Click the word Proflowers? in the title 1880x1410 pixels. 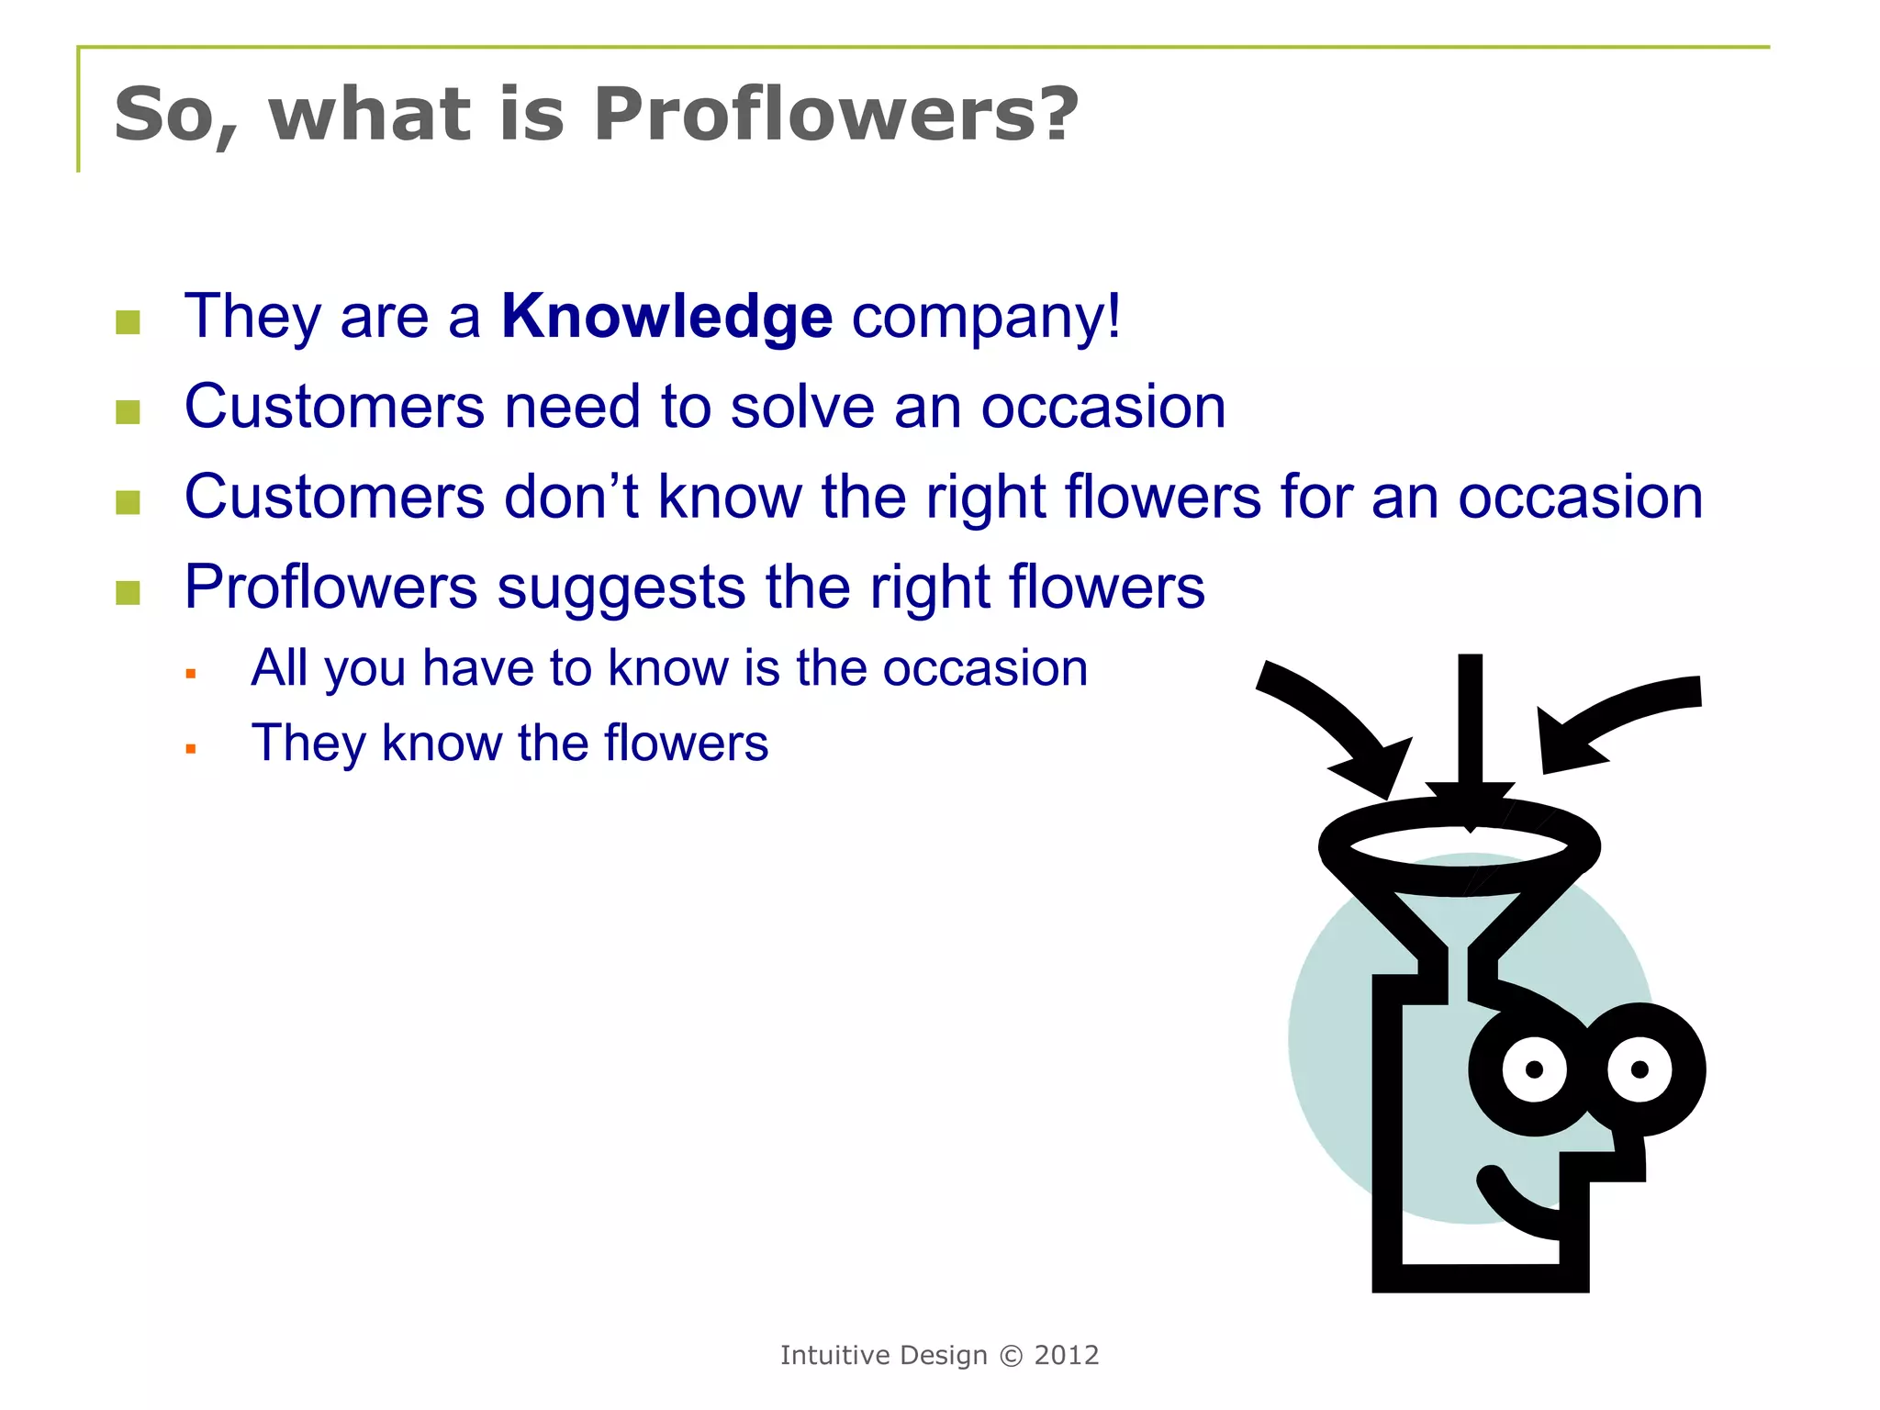835,116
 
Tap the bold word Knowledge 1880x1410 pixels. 666,317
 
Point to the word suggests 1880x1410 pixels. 621,587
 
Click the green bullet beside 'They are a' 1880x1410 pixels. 128,322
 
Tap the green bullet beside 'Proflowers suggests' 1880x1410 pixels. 128,593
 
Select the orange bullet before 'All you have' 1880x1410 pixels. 191,674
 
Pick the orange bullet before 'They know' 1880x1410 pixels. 191,749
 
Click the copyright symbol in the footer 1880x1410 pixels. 1011,1356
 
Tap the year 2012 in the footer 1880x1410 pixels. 1067,1356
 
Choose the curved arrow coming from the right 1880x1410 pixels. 1616,716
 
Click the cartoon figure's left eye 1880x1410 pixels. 1534,1069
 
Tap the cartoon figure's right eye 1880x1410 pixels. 1639,1069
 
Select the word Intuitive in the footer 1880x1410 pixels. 836,1356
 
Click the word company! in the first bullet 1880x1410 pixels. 986,317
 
